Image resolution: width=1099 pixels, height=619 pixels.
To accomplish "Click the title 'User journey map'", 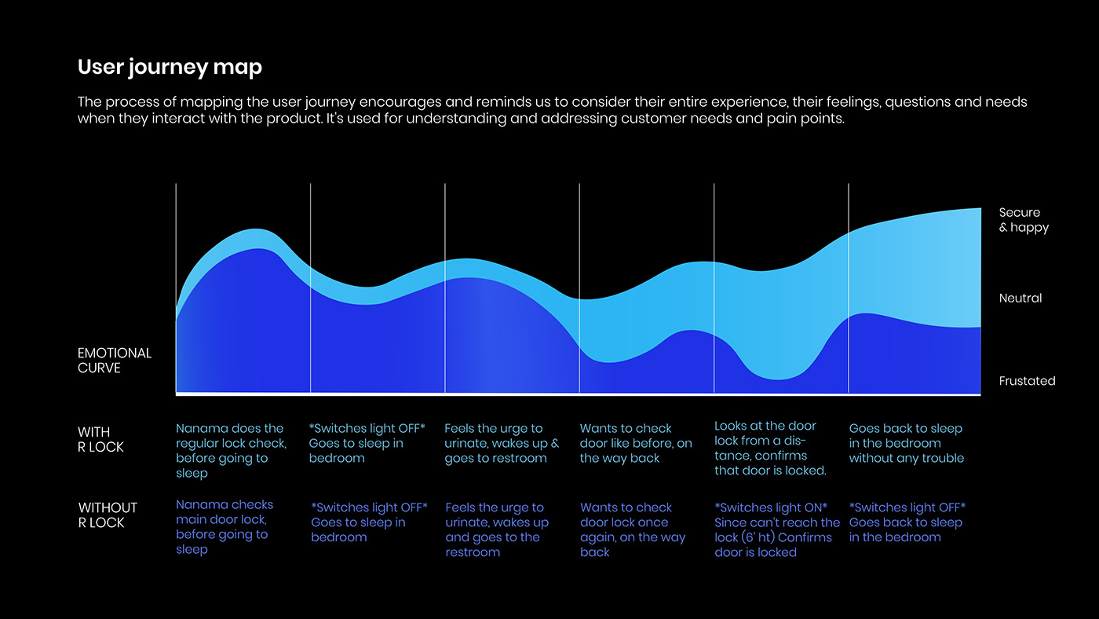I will coord(170,68).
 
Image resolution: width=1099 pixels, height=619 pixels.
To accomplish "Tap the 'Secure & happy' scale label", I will coord(1024,220).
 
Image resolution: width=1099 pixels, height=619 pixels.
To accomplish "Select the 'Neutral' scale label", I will coord(1020,299).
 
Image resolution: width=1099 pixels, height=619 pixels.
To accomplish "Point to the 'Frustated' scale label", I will coord(1027,381).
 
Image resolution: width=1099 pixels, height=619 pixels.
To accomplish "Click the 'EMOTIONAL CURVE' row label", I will coord(115,361).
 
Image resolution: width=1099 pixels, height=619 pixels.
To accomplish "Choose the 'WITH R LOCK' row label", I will coord(100,440).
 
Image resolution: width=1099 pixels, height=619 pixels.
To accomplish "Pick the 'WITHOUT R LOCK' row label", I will coord(108,515).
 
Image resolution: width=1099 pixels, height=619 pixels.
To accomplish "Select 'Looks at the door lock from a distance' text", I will coord(765,441).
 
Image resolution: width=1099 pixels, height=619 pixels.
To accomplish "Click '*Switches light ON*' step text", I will coord(771,507).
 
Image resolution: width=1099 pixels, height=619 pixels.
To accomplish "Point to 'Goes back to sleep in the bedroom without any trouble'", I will coord(906,443).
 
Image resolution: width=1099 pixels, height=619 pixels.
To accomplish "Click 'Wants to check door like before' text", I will coord(636,443).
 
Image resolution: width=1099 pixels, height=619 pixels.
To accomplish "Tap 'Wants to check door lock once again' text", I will coord(632,522).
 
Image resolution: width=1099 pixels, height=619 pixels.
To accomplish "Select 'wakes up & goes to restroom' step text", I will coord(502,451).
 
